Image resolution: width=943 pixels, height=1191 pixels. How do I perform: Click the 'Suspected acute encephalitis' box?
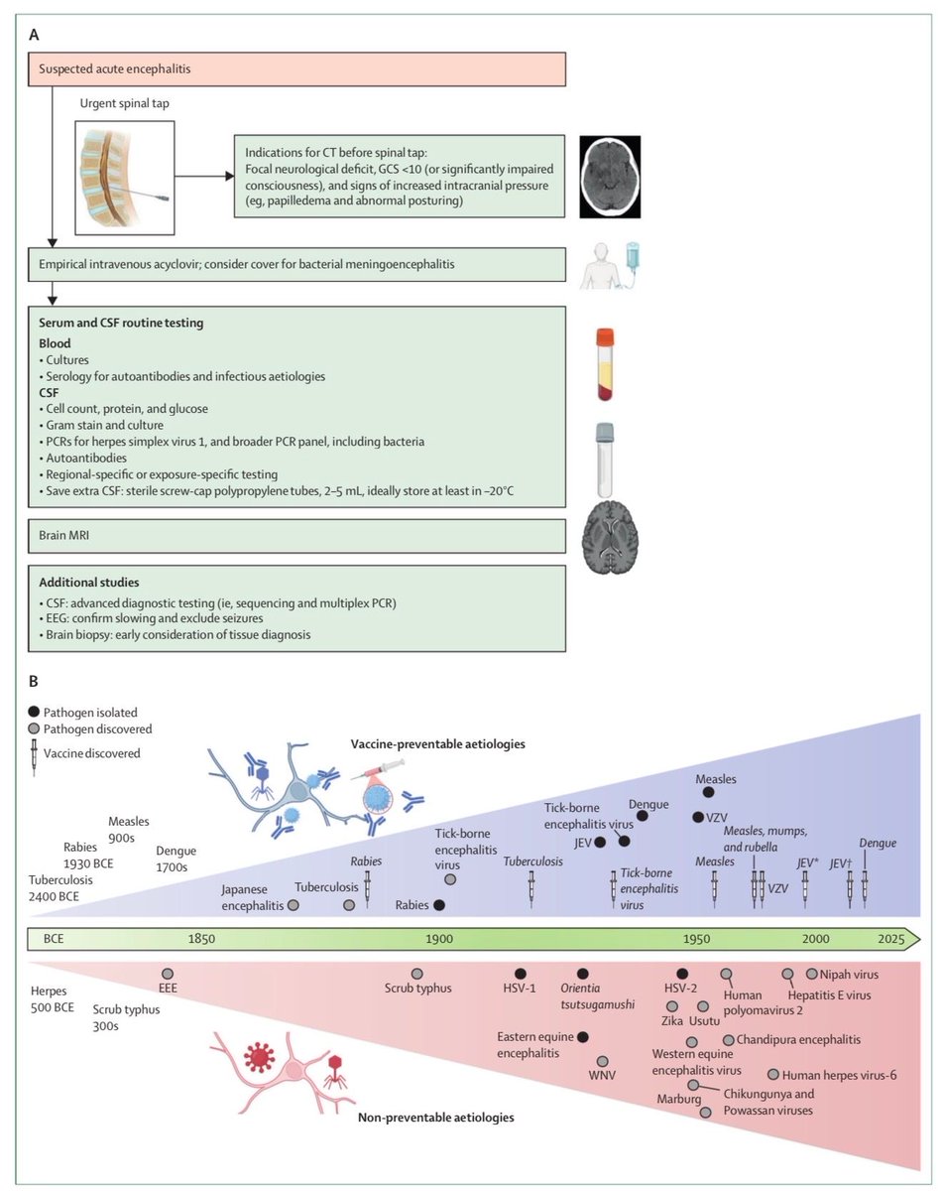(x=296, y=69)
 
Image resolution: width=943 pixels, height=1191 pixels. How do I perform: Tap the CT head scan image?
(x=610, y=177)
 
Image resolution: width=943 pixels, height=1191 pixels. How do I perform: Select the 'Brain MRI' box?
(x=296, y=536)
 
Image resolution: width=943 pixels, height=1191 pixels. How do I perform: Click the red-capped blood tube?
(x=605, y=364)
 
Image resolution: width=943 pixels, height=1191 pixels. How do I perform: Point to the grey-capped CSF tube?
(x=605, y=460)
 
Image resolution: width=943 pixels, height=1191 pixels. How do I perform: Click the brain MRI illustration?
(x=610, y=537)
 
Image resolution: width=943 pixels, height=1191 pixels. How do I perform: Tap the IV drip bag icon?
(x=633, y=258)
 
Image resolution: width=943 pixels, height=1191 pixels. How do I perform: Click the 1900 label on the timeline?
(x=439, y=939)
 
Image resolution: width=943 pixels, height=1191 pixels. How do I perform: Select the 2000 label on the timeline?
(x=816, y=939)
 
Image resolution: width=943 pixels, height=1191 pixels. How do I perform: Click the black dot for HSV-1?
(x=520, y=974)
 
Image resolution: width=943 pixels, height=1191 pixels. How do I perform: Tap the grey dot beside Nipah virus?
(x=811, y=974)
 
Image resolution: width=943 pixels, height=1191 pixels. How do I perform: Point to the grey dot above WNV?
(x=602, y=1061)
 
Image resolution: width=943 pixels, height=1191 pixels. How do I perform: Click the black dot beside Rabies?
(x=439, y=905)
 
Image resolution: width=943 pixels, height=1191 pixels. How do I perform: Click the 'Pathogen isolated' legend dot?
(x=35, y=712)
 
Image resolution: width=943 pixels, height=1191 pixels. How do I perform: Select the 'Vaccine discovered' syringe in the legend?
(x=35, y=757)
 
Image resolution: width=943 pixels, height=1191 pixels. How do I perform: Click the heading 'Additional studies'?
(x=89, y=583)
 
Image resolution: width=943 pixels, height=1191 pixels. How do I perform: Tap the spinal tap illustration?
(x=125, y=179)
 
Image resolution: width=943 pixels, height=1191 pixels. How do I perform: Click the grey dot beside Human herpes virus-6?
(x=773, y=1075)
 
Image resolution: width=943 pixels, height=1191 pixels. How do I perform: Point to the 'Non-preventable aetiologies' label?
(x=436, y=1118)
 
